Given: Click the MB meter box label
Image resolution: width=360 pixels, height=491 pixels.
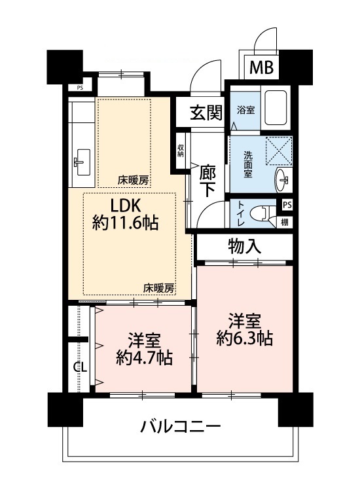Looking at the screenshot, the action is click(261, 67).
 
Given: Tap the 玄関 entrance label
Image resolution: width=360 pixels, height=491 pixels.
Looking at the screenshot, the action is click(207, 113).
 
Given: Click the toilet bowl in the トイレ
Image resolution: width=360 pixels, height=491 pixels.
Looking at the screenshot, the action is click(259, 213).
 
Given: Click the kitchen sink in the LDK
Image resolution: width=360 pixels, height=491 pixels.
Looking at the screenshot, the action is click(82, 162).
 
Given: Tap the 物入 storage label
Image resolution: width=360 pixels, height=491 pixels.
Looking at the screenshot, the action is click(245, 246).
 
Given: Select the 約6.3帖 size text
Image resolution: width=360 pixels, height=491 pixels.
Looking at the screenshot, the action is click(245, 338).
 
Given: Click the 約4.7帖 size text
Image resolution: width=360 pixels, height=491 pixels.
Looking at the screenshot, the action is click(144, 358).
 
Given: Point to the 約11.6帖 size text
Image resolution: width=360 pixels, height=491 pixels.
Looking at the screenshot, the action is click(125, 223).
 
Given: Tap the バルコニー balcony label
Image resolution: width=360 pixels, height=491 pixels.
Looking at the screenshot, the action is click(181, 426).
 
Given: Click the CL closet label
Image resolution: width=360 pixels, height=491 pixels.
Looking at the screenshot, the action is click(80, 367).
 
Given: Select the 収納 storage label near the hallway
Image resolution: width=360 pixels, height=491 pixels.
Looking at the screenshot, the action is click(181, 151).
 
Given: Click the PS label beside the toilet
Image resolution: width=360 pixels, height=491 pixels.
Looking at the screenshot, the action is click(287, 205).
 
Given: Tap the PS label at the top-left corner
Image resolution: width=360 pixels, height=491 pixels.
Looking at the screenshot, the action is click(80, 88).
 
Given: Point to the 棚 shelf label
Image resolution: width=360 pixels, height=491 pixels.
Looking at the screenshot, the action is click(285, 223).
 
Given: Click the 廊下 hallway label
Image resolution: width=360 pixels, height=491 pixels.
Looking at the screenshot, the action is click(208, 181).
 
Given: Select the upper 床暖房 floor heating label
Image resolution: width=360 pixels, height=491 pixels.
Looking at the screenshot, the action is click(133, 181).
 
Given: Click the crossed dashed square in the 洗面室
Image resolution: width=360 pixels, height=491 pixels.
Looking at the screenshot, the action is click(278, 151).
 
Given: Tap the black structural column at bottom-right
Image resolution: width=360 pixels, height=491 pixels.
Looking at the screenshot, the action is click(295, 410).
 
